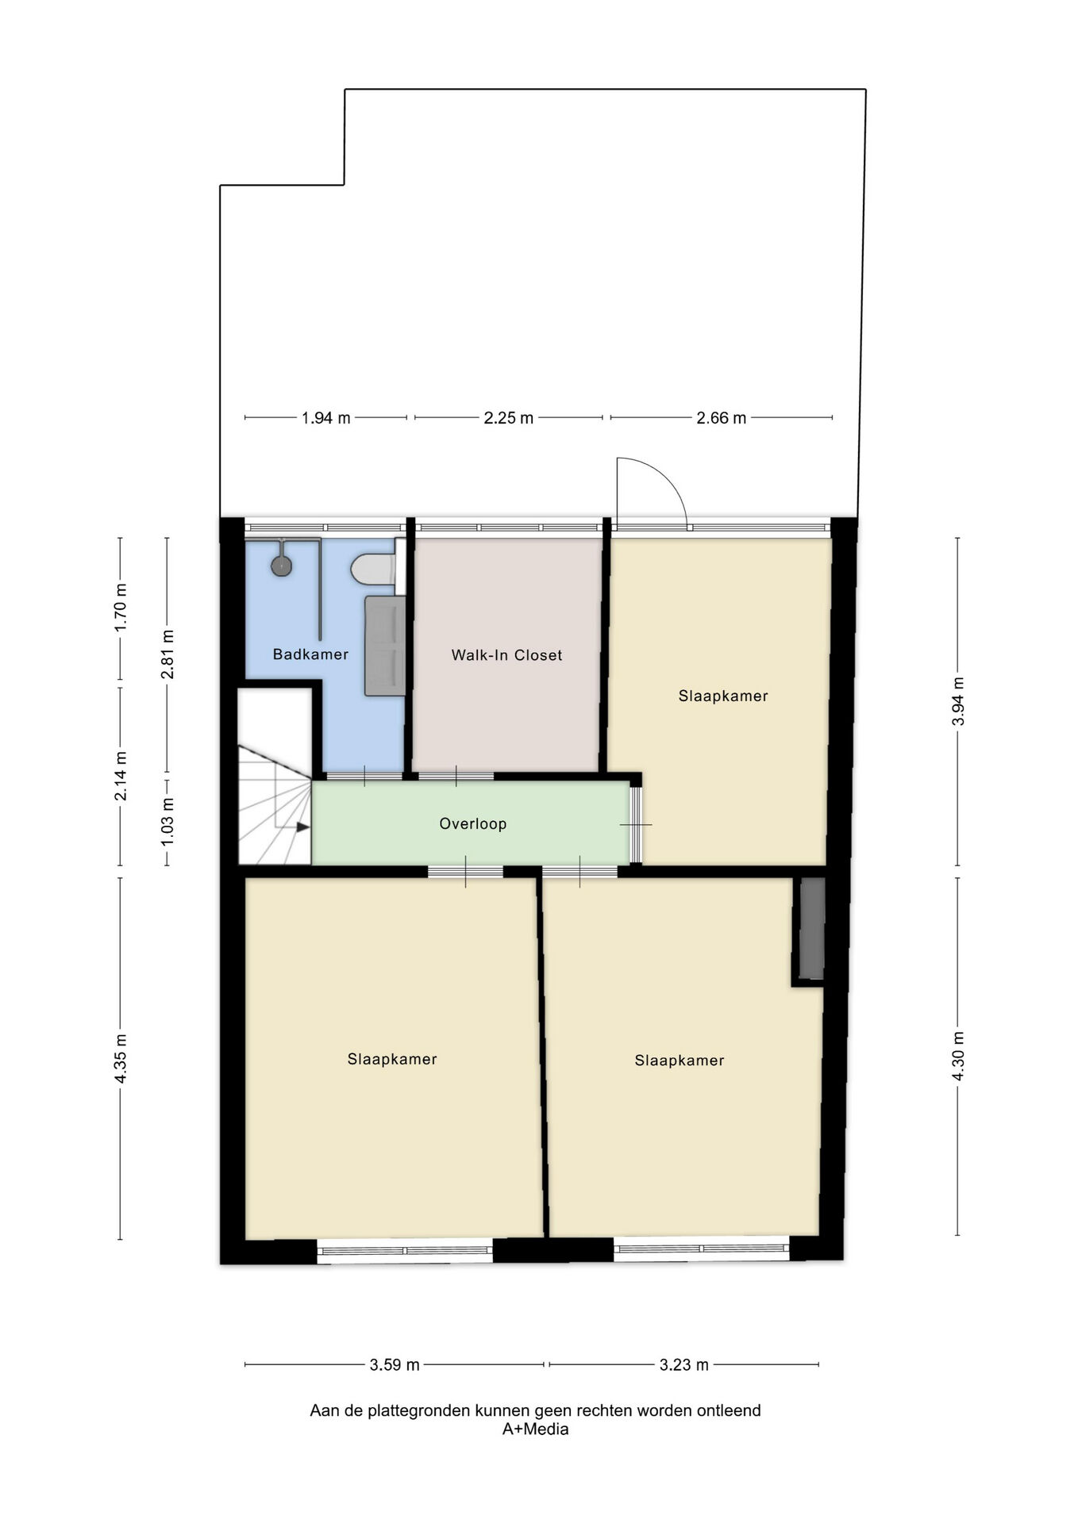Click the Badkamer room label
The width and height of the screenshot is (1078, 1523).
click(x=310, y=654)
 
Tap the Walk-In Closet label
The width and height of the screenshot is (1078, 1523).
click(x=506, y=655)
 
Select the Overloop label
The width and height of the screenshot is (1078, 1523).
click(x=473, y=824)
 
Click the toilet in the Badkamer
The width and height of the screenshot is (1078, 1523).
click(x=373, y=569)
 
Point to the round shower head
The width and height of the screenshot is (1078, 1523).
click(x=282, y=566)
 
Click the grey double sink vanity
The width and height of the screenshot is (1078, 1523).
click(x=385, y=646)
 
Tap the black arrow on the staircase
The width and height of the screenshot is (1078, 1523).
click(x=302, y=827)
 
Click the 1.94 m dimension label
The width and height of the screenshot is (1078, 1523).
click(x=325, y=418)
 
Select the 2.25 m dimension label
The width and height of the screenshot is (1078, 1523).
click(x=509, y=418)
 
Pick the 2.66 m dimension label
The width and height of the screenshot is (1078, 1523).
click(x=722, y=418)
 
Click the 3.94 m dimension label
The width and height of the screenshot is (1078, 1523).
click(x=958, y=701)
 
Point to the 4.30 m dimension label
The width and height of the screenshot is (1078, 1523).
click(x=958, y=1056)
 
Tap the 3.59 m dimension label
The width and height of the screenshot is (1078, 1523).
click(x=395, y=1365)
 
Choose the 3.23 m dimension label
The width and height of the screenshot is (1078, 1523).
click(x=684, y=1365)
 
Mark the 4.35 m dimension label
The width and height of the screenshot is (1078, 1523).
click(x=121, y=1059)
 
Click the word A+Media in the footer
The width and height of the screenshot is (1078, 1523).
click(x=536, y=1429)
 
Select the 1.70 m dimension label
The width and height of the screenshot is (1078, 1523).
click(x=121, y=608)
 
